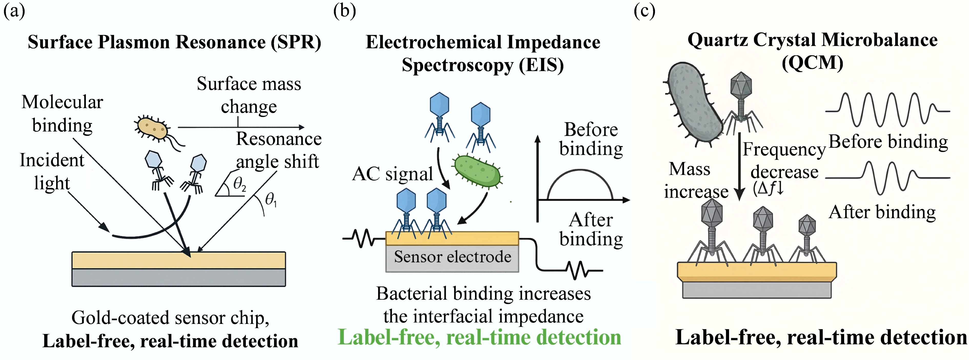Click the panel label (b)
coord(344,11)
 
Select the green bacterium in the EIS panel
coord(478,171)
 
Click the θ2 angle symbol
coord(239,184)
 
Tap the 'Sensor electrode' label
coord(452,257)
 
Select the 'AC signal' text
coord(392,174)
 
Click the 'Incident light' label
coord(52,172)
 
